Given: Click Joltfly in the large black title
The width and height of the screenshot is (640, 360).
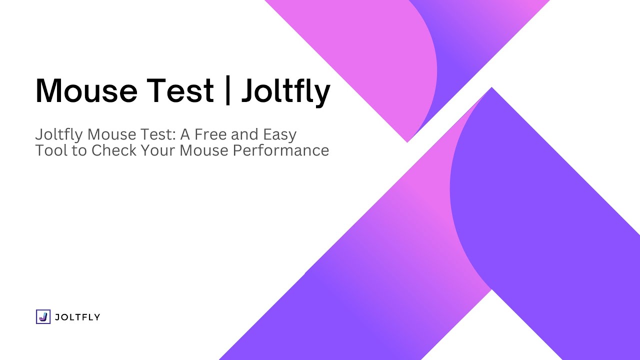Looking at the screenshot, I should point(285,92).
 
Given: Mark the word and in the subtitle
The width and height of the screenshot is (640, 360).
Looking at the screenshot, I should point(243,134).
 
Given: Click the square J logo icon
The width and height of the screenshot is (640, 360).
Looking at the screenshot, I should point(43,316).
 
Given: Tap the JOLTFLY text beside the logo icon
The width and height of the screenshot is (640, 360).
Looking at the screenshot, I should point(77,317).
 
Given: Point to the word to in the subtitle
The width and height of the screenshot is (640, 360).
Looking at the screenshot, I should point(78,150).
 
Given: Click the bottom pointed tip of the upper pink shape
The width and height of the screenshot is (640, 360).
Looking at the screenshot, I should point(407,141).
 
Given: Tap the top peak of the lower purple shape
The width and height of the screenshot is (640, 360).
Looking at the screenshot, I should point(492,88).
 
